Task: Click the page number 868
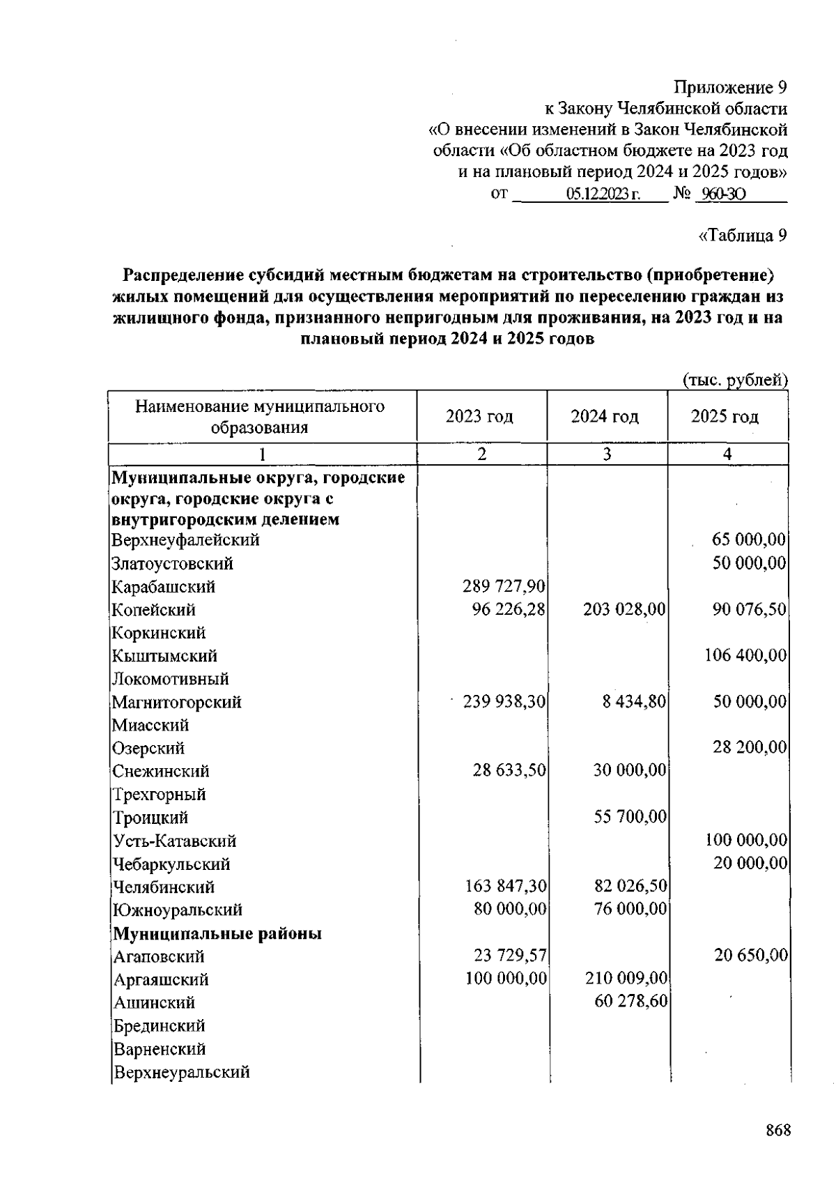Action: click(777, 1131)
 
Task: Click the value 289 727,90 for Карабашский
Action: click(505, 586)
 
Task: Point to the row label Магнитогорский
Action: click(177, 702)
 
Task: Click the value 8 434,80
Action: click(635, 701)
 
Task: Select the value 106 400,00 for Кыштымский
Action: click(745, 655)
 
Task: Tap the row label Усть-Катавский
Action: click(175, 841)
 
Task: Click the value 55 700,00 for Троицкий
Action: click(630, 816)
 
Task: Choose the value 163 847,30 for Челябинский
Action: click(505, 887)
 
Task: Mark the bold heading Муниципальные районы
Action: click(217, 933)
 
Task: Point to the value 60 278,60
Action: click(630, 1002)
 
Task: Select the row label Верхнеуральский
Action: click(181, 1072)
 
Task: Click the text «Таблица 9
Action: click(742, 236)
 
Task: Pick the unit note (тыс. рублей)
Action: click(734, 380)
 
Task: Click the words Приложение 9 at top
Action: click(730, 88)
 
